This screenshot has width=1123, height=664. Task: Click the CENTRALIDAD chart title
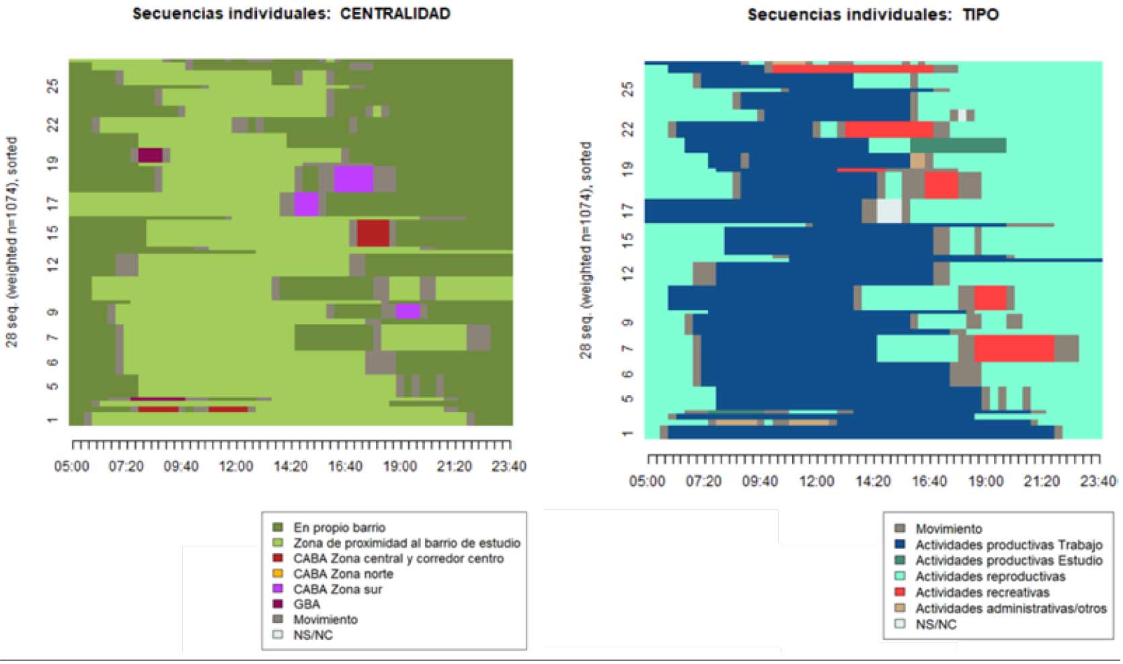point(291,14)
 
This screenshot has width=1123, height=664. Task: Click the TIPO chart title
point(873,15)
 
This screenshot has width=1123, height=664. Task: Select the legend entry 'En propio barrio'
point(339,528)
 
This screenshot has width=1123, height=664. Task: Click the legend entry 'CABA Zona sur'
point(337,589)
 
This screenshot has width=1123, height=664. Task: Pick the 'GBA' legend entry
point(306,604)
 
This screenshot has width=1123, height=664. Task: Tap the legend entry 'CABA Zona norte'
point(343,574)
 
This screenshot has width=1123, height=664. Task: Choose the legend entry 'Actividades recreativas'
point(982,593)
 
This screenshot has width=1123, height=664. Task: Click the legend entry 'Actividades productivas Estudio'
point(1008,561)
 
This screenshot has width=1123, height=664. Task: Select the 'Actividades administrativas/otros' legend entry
point(1010,609)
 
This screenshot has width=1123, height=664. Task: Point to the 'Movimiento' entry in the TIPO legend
point(948,529)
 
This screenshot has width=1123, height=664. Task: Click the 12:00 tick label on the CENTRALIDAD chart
point(235,466)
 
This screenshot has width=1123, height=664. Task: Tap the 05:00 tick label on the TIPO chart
point(647,481)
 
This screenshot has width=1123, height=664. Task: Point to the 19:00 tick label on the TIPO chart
point(985,481)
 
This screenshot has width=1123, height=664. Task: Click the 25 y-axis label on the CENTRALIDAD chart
point(53,86)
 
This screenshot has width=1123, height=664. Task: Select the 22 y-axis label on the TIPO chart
point(628,128)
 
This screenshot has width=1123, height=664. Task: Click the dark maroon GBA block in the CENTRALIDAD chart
point(150,155)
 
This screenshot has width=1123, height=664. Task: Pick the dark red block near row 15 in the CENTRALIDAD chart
point(373,233)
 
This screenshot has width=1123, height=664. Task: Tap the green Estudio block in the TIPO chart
point(958,145)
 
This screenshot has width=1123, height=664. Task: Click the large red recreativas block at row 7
point(1013,348)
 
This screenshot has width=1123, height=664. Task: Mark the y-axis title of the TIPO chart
point(586,249)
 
